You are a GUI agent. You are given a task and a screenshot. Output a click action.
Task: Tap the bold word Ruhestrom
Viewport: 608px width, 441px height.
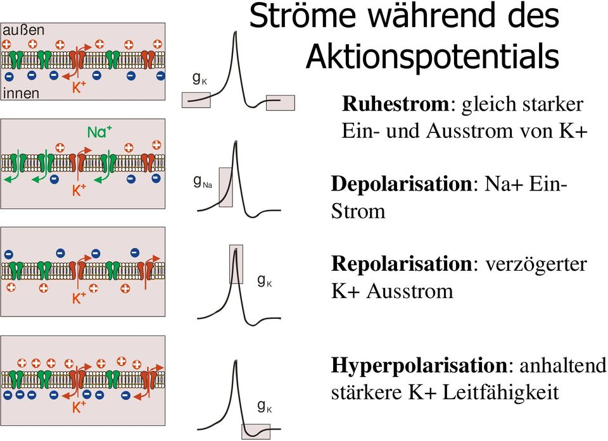pos(397,104)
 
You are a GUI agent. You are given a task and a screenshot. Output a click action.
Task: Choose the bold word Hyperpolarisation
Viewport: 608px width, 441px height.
pos(419,365)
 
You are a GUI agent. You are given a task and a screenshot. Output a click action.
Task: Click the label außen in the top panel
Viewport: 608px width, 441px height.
pos(24,30)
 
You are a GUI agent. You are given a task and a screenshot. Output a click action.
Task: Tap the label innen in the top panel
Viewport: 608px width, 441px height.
pos(22,93)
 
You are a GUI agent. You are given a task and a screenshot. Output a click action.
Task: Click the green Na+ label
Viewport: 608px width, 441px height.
pos(99,132)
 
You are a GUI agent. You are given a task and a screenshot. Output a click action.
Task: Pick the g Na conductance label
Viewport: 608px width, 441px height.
pos(202,183)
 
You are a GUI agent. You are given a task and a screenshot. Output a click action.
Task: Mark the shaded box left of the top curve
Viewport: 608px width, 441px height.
pos(196,99)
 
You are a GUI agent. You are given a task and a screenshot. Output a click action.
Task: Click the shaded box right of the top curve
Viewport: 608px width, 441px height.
pos(281,102)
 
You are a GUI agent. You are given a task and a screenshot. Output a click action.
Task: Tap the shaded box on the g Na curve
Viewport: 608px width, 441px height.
pos(226,187)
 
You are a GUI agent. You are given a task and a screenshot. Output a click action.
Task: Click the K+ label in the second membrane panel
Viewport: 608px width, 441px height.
pos(79,190)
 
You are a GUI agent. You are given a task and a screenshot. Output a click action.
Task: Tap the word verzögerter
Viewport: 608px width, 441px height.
pos(536,263)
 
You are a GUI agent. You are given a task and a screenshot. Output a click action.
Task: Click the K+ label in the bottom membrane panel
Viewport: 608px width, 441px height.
pos(79,408)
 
